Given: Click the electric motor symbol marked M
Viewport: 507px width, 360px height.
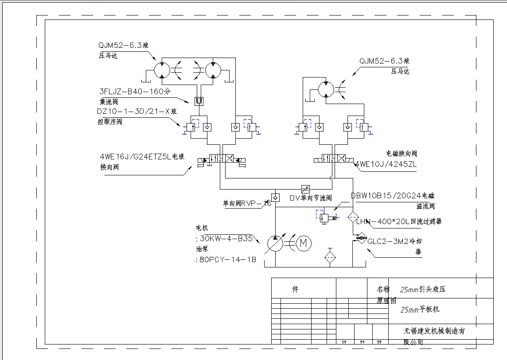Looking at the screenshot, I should coord(304,243).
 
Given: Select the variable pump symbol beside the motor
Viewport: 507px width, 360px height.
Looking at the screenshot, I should coord(275,243).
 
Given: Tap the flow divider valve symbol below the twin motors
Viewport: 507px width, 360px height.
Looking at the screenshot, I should coord(199,101).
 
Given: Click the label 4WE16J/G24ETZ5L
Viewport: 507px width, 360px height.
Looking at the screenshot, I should coord(136,156).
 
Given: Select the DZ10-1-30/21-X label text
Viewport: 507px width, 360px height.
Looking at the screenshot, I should coord(133,111).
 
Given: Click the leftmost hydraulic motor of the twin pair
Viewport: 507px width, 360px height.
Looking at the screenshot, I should coord(162,70).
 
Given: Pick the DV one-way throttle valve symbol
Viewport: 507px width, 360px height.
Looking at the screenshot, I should coord(305,188).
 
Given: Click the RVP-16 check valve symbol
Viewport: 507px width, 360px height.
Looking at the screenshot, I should coord(275,197).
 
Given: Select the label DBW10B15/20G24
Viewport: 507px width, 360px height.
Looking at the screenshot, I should coord(386,195).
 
